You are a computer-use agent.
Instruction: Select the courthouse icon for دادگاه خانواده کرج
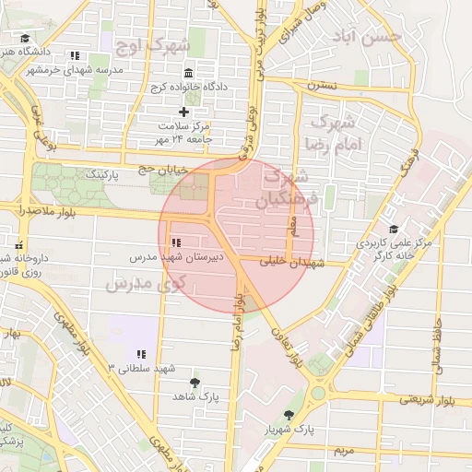pyautogui.click(x=189, y=73)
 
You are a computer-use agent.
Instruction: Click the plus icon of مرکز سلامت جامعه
pyautogui.click(x=183, y=112)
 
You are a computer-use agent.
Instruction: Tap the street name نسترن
pyautogui.click(x=322, y=86)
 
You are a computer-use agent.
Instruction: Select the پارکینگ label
pyautogui.click(x=101, y=173)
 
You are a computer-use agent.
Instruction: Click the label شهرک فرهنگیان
pyautogui.click(x=289, y=186)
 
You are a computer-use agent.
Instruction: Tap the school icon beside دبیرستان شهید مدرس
pyautogui.click(x=176, y=242)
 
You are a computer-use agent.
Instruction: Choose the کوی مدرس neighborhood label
pyautogui.click(x=146, y=283)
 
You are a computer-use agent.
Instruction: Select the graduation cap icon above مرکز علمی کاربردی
pyautogui.click(x=394, y=230)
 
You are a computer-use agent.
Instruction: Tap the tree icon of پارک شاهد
pyautogui.click(x=194, y=382)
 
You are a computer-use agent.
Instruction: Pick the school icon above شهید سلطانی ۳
pyautogui.click(x=141, y=354)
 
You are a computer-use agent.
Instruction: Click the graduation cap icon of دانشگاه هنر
pyautogui.click(x=26, y=39)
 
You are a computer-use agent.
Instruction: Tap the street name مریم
pyautogui.click(x=343, y=450)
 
